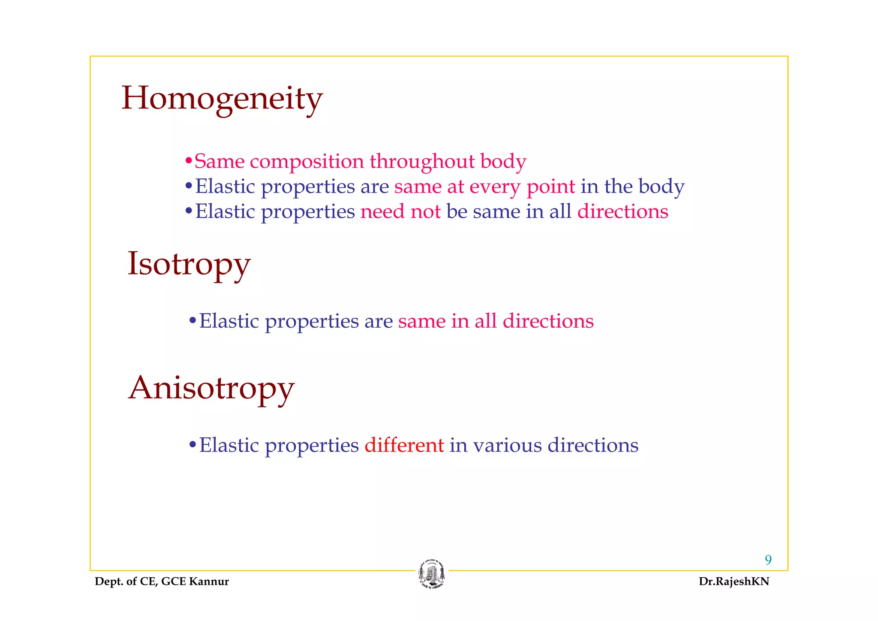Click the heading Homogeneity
coord(222,99)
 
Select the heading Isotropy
coord(189,264)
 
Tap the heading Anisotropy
coord(211,388)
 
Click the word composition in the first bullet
coord(307,162)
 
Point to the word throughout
coord(422,162)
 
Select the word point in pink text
coord(550,187)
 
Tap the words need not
coord(400,211)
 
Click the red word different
coord(404,445)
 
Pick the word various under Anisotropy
coord(508,445)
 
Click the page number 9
coord(768,560)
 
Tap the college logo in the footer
coord(432,574)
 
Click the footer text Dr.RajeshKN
coord(734,582)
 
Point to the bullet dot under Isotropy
coord(192,320)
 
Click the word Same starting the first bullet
coord(219,162)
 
